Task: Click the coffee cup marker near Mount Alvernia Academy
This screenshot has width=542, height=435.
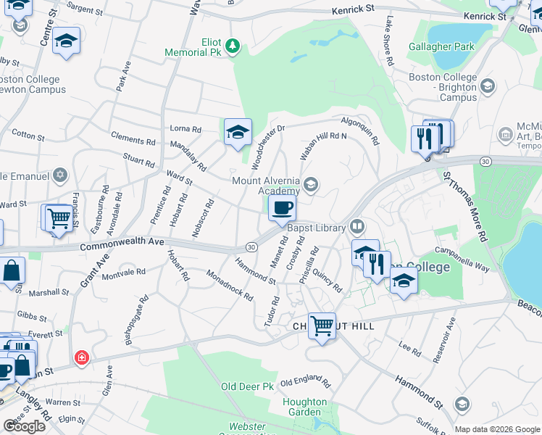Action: point(283,209)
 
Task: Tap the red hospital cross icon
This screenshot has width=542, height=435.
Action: point(82,358)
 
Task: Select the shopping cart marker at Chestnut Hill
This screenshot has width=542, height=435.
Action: point(322,326)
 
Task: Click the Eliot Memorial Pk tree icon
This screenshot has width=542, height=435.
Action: point(232,46)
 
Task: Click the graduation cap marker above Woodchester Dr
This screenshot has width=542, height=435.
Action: point(238,132)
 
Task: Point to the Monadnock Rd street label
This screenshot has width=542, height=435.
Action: point(229,286)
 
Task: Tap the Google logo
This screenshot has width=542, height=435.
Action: point(25,426)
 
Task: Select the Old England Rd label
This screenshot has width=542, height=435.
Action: point(305,382)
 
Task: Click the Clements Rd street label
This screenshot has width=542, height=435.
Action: point(133,138)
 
